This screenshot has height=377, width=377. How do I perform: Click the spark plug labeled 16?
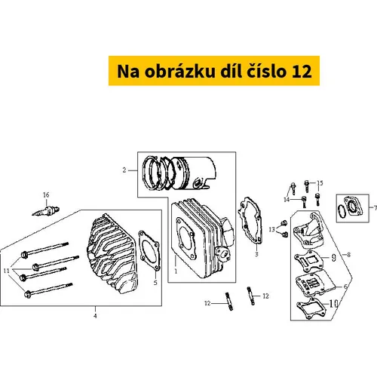(46, 211)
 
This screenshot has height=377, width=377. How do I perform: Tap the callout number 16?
(46, 195)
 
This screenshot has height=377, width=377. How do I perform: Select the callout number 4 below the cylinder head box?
(95, 316)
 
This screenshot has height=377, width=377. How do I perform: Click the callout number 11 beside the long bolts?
(7, 271)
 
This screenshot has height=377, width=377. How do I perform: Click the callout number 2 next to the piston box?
(124, 170)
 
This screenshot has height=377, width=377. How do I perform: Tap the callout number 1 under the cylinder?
(176, 271)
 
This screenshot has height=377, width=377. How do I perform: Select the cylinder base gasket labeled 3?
(250, 221)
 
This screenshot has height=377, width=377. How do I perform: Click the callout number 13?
(271, 229)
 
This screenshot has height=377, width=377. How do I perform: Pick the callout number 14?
(287, 200)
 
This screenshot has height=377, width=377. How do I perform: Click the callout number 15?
(320, 183)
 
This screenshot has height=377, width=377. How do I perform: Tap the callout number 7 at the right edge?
(375, 208)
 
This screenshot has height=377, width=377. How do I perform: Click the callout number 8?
(348, 255)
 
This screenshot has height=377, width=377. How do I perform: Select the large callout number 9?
(334, 258)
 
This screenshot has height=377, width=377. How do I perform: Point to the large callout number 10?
(333, 304)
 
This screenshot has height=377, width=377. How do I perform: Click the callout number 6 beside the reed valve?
(345, 287)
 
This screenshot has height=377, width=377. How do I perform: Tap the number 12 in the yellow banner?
(302, 72)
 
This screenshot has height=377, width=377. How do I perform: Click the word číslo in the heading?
(265, 71)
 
